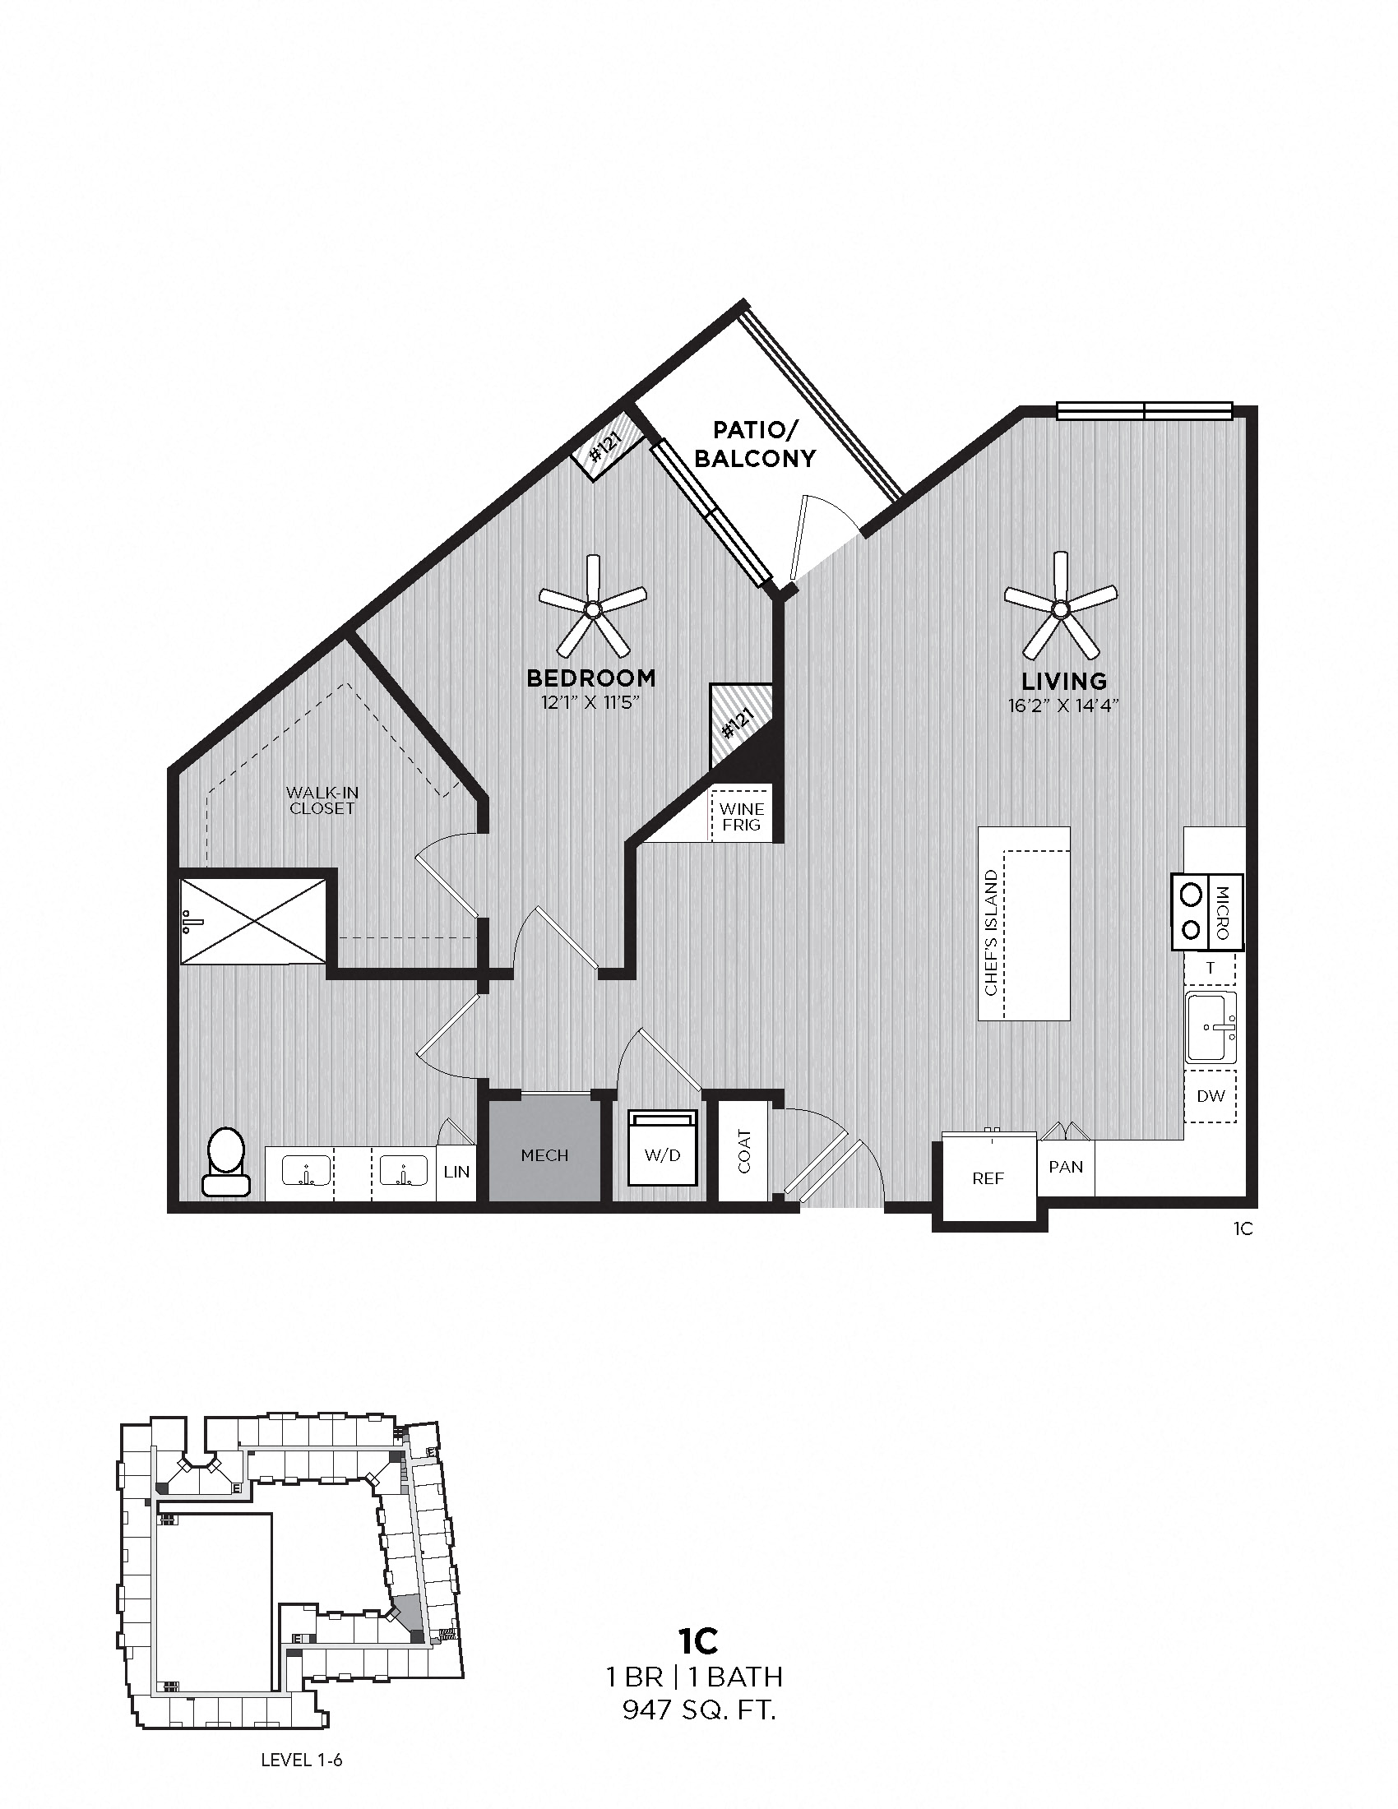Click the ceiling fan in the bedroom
[592, 611]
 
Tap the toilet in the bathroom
[225, 1161]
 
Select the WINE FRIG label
[741, 816]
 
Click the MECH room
[544, 1155]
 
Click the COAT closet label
[743, 1151]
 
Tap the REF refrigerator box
[987, 1177]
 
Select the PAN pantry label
[1065, 1167]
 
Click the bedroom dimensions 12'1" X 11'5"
[591, 703]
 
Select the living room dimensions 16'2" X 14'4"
[1064, 706]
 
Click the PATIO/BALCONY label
[754, 444]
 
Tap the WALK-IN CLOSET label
[322, 800]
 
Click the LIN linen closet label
[456, 1172]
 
